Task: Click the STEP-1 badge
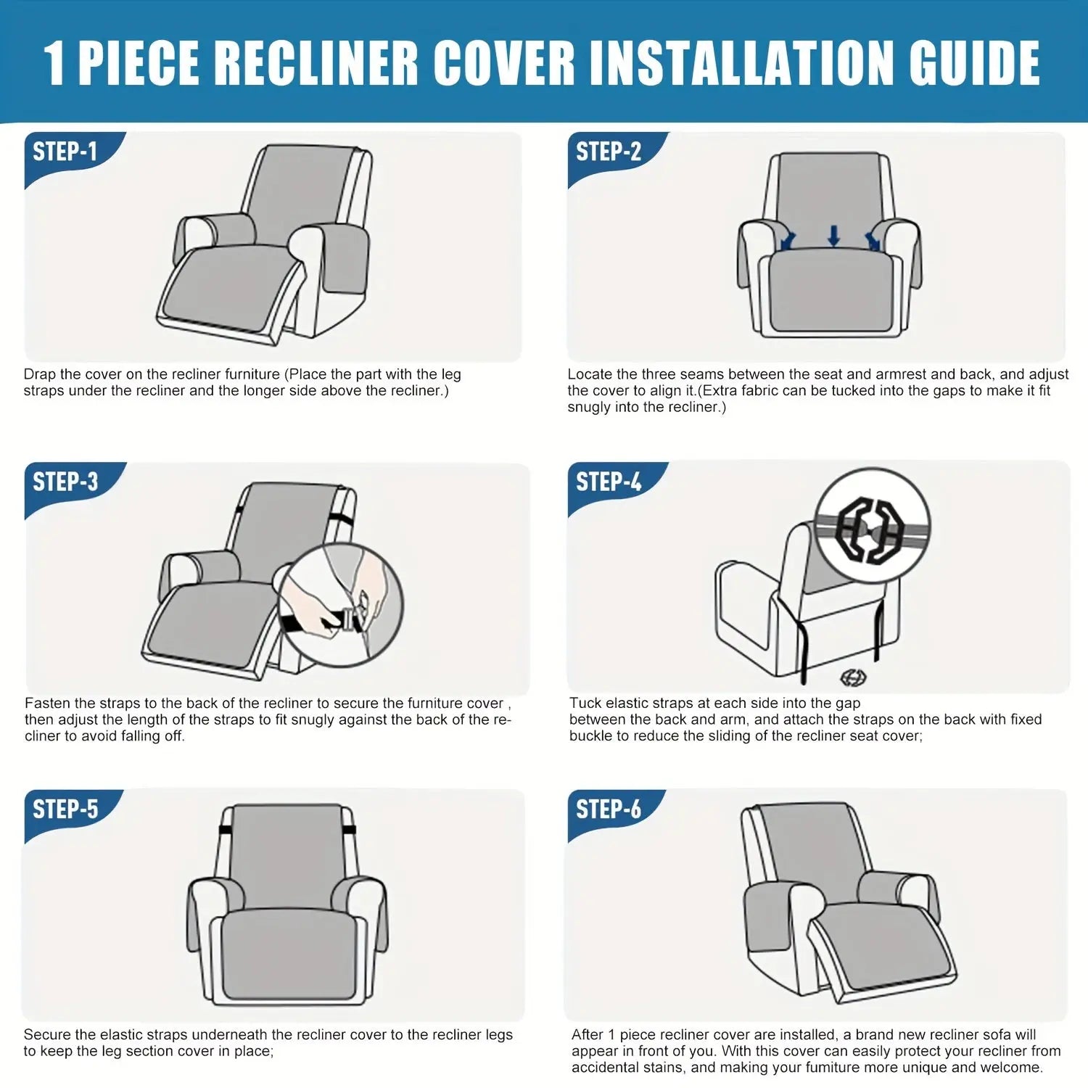click(x=65, y=152)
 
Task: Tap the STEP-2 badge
click(x=609, y=152)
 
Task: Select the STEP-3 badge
click(x=65, y=482)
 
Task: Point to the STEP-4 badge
click(x=609, y=482)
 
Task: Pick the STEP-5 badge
click(x=65, y=809)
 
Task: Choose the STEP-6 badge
click(x=609, y=809)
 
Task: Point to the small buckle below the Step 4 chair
click(x=853, y=677)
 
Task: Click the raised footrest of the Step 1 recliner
click(x=228, y=290)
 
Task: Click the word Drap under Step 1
click(x=40, y=375)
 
